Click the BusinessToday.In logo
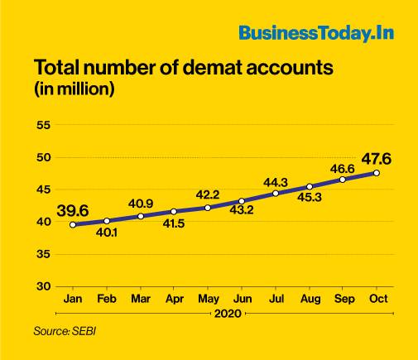(x=316, y=33)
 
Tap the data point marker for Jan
(x=73, y=224)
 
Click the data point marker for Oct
(x=377, y=173)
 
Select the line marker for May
(x=208, y=208)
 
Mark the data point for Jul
(x=275, y=193)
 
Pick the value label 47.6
(x=377, y=156)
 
